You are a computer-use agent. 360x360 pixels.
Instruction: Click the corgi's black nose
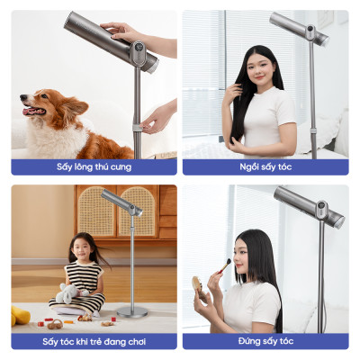(23, 97)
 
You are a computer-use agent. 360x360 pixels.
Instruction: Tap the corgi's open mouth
(34, 112)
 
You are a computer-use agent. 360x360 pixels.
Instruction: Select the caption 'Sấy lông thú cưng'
(94, 166)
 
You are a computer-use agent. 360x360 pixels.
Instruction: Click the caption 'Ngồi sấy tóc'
(265, 166)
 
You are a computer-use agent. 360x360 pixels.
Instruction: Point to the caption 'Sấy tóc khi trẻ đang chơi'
(94, 341)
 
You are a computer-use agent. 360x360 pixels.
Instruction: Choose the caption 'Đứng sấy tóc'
(265, 341)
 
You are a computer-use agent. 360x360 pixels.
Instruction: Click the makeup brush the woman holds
(224, 265)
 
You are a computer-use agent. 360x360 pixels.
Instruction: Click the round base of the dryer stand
(132, 312)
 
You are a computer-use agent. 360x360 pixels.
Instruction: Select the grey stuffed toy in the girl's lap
(69, 292)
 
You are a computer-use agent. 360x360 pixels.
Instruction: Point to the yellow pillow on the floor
(20, 316)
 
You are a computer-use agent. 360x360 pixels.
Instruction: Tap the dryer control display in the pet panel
(138, 49)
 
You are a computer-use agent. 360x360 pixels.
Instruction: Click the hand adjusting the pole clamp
(157, 118)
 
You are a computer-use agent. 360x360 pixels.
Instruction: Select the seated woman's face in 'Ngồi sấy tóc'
(258, 70)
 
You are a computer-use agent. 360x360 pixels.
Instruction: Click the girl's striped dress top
(85, 277)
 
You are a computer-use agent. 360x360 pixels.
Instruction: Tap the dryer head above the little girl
(121, 202)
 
